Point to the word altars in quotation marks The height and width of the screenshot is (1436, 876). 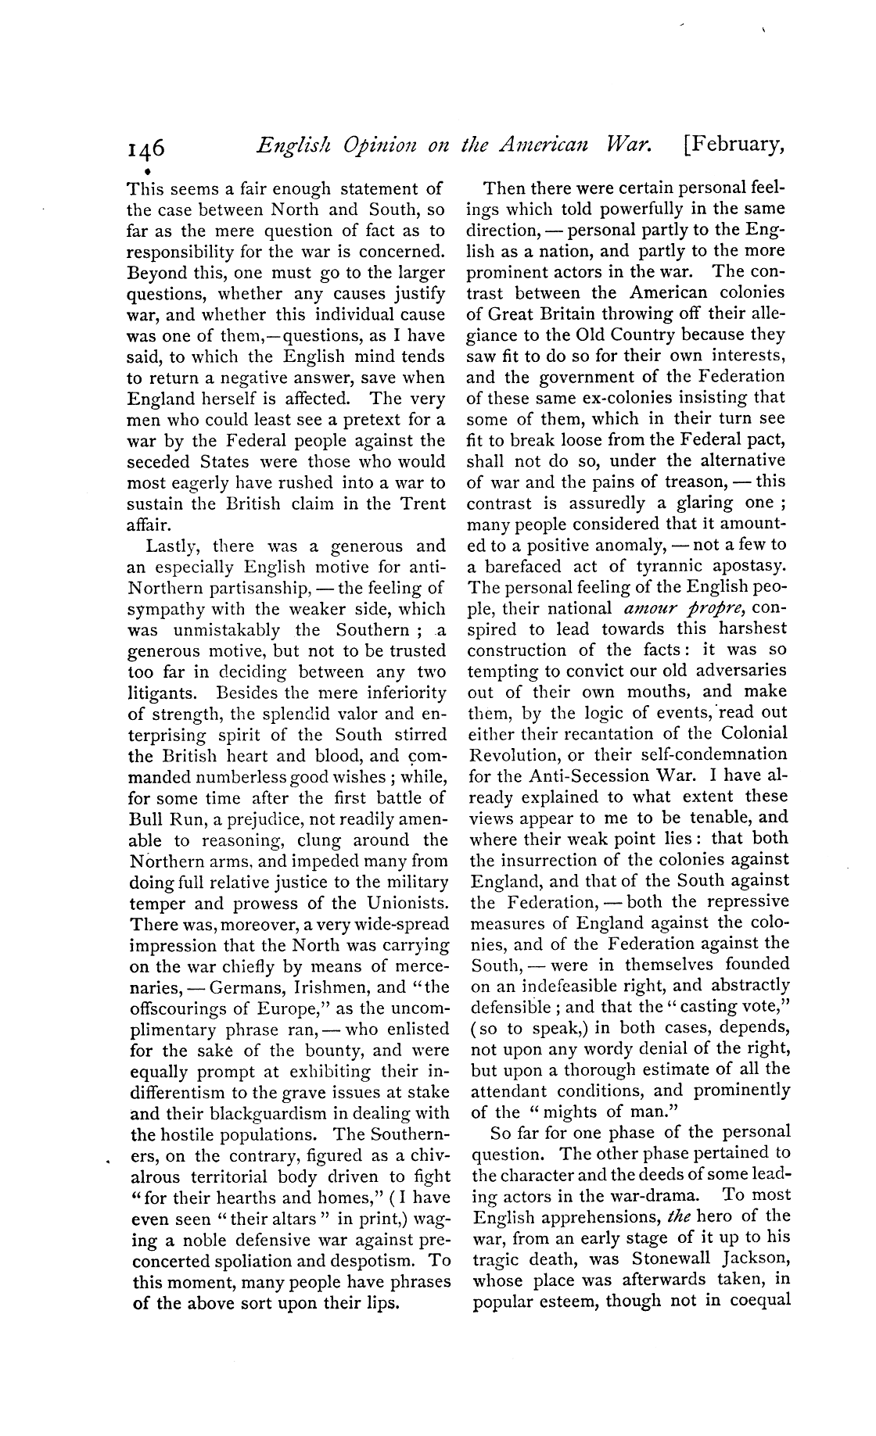tap(256, 1219)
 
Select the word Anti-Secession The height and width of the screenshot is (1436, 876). tap(560, 775)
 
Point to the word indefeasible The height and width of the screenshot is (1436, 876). tap(552, 986)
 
